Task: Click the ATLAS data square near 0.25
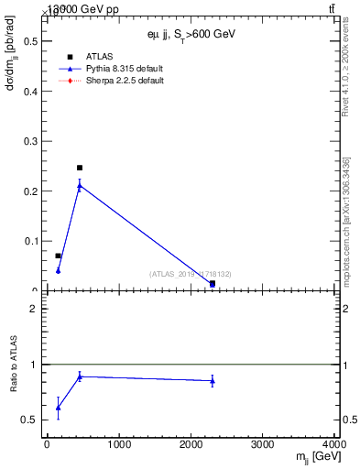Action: (80, 168)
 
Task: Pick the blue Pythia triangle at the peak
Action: (80, 186)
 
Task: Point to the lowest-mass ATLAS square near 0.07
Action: (58, 256)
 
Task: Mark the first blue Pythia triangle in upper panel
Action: (58, 270)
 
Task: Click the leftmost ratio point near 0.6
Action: (58, 408)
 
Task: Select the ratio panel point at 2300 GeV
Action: (213, 380)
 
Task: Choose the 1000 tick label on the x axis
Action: (118, 445)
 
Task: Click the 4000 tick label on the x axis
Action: (335, 445)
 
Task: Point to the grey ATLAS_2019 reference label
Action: (190, 274)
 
